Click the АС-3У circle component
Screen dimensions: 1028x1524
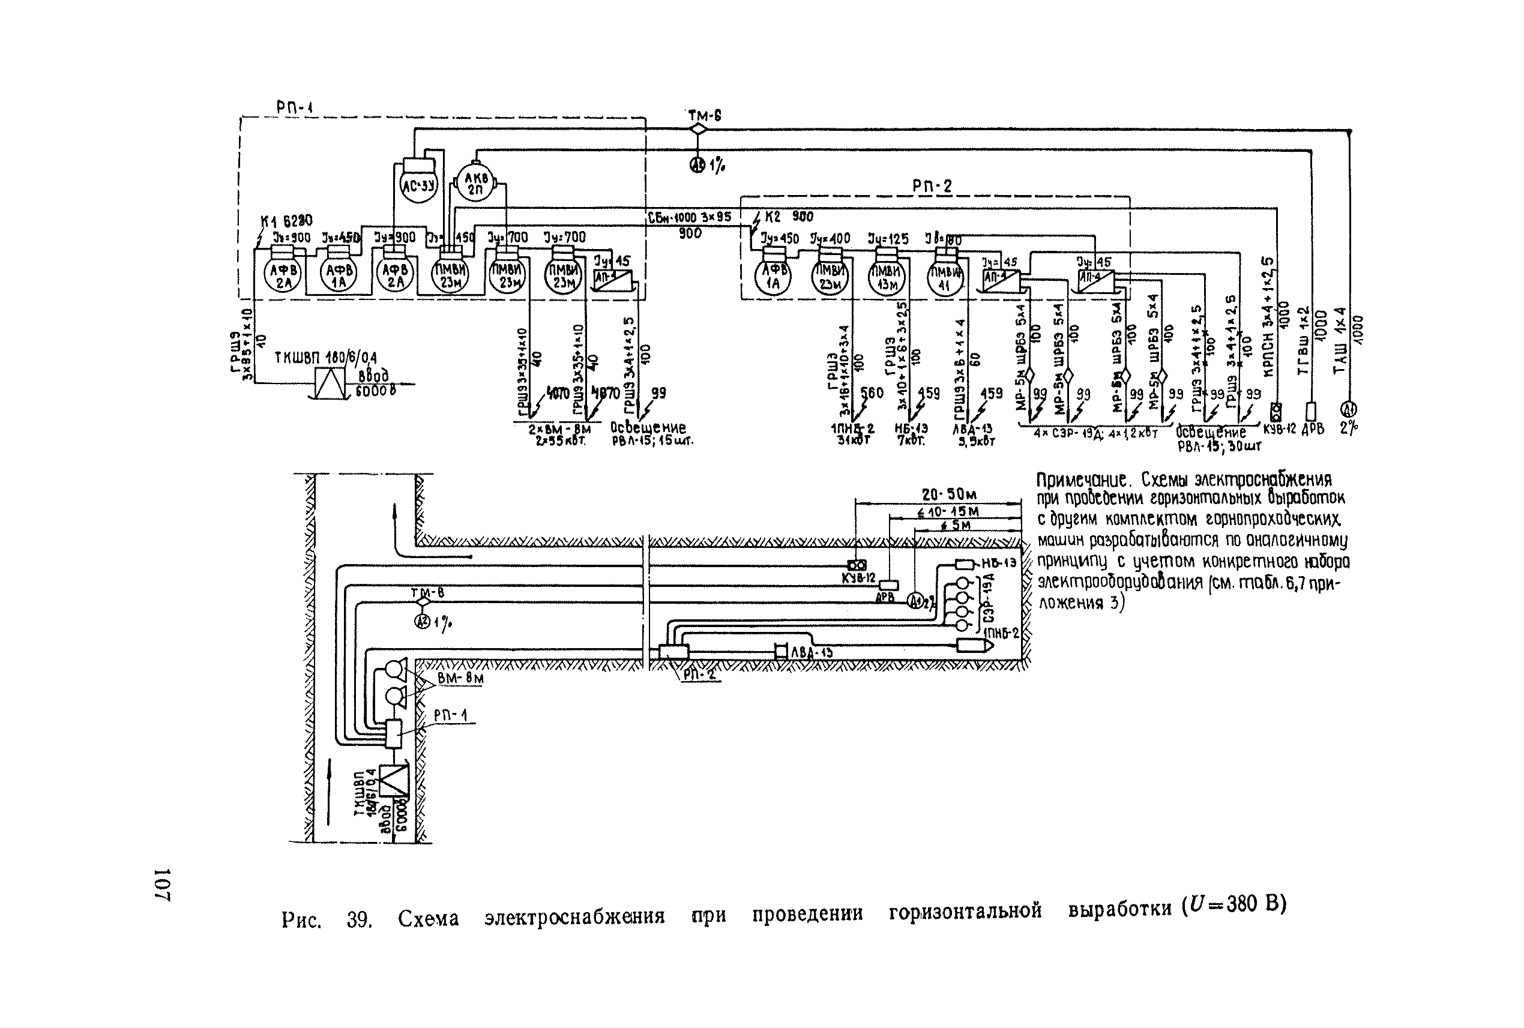418,184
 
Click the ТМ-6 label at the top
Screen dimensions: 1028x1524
704,116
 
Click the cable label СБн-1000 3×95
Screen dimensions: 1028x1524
689,217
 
